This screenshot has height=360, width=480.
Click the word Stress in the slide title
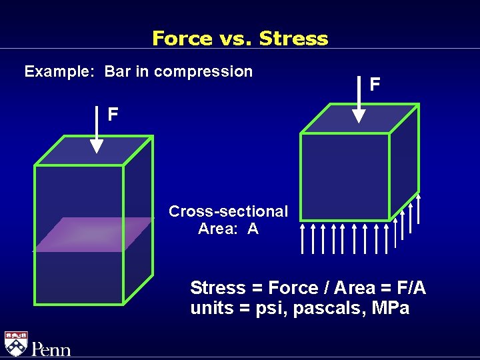293,38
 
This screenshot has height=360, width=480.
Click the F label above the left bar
113,115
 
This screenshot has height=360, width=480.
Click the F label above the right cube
375,84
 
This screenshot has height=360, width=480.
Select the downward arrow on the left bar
96,137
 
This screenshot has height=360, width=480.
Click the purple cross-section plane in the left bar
93,233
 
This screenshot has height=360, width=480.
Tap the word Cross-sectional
228,212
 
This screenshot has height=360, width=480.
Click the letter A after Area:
253,229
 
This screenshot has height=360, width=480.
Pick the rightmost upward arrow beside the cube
419,212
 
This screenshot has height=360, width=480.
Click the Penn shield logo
16,344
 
